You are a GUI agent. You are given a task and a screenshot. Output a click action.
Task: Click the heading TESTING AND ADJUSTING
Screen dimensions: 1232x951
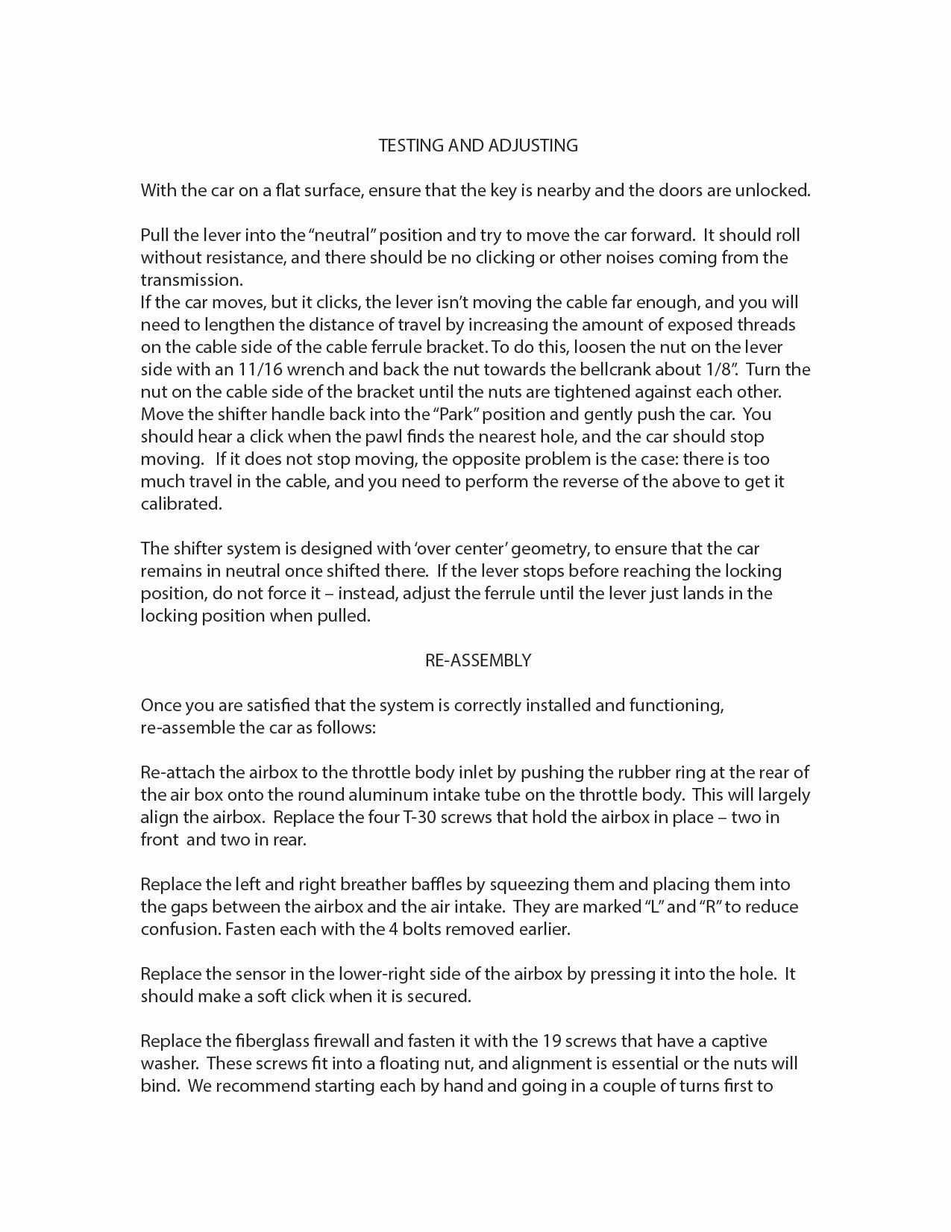tap(478, 146)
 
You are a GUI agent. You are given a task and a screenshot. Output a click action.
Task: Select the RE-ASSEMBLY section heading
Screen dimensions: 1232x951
tap(478, 660)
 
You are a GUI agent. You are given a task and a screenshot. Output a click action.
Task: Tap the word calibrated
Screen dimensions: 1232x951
tap(181, 504)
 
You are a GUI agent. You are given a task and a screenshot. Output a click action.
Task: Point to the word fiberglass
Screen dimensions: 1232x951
tap(257, 1041)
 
